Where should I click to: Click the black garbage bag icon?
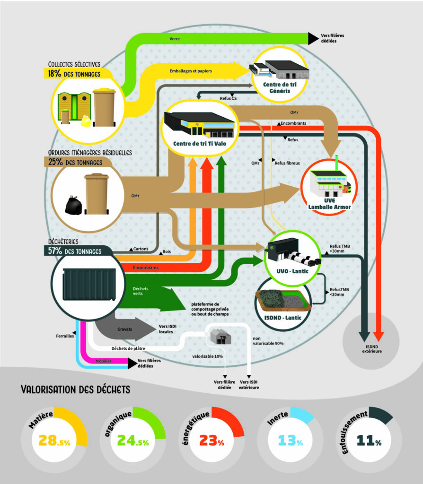coord(73,206)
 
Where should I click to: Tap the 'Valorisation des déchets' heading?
coord(76,389)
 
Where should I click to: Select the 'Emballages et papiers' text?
coord(191,71)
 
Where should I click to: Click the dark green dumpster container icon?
coord(89,285)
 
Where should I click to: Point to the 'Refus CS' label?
coord(229,98)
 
